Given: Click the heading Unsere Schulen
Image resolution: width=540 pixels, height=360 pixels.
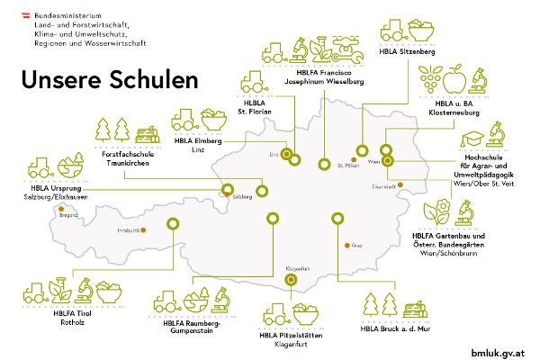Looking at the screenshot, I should [x=108, y=79].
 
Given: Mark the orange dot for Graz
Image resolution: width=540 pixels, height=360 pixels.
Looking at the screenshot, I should [x=344, y=244].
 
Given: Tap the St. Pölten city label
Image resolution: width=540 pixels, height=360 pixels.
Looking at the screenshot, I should [x=348, y=166].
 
